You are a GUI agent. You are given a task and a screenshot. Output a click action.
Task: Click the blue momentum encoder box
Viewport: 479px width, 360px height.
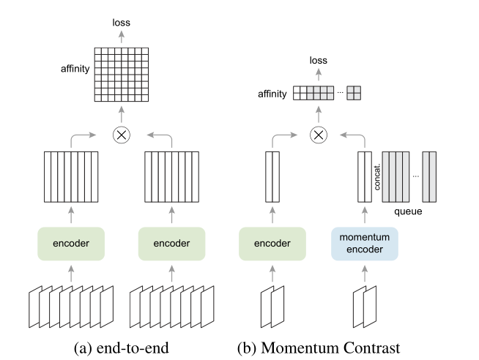(x=364, y=243)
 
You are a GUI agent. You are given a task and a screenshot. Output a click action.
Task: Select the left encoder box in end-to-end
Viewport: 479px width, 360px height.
(x=71, y=243)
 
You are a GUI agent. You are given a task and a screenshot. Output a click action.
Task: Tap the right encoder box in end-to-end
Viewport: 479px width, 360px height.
(x=172, y=243)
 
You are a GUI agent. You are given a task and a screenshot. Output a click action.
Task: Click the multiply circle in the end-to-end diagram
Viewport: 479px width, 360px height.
(x=122, y=135)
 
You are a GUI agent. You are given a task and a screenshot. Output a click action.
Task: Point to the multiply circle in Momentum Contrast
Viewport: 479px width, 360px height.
(x=318, y=135)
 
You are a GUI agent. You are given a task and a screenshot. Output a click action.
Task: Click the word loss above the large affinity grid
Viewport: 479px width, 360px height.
(x=122, y=23)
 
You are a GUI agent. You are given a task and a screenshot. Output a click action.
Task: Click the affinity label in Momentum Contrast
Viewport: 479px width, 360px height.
(x=274, y=94)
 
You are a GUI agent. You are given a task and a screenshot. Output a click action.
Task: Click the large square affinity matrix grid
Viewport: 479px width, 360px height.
(x=122, y=74)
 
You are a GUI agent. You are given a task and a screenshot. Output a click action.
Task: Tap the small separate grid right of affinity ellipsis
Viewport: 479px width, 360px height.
(x=354, y=93)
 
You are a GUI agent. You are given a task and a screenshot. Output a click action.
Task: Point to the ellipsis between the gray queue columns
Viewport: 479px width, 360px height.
(x=416, y=176)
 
